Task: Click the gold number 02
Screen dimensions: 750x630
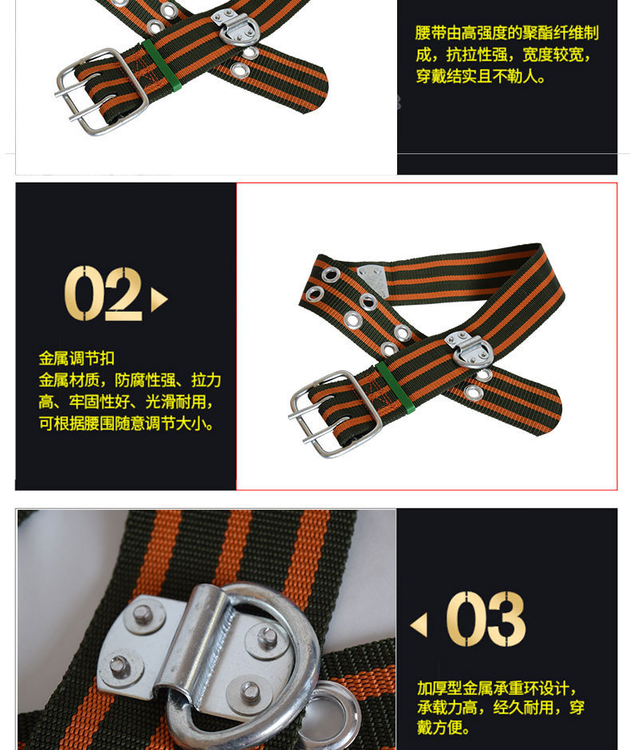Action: pyautogui.click(x=103, y=294)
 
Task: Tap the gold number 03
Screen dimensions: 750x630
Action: pyautogui.click(x=486, y=619)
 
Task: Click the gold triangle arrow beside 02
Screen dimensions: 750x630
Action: pyautogui.click(x=159, y=300)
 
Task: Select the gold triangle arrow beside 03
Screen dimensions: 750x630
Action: pyautogui.click(x=419, y=625)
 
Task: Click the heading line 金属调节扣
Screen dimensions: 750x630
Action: pyautogui.click(x=77, y=358)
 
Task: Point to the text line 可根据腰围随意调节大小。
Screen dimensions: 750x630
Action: pyautogui.click(x=128, y=424)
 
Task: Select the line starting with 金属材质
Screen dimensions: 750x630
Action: pyautogui.click(x=130, y=381)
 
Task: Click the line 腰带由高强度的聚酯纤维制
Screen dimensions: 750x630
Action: pyautogui.click(x=506, y=33)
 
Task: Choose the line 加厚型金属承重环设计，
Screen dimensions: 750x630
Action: pyautogui.click(x=498, y=688)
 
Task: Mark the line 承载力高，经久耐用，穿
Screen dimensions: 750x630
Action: pyautogui.click(x=501, y=708)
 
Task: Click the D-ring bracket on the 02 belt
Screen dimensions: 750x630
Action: pyautogui.click(x=469, y=347)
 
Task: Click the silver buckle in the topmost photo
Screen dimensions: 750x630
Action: pyautogui.click(x=102, y=90)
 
